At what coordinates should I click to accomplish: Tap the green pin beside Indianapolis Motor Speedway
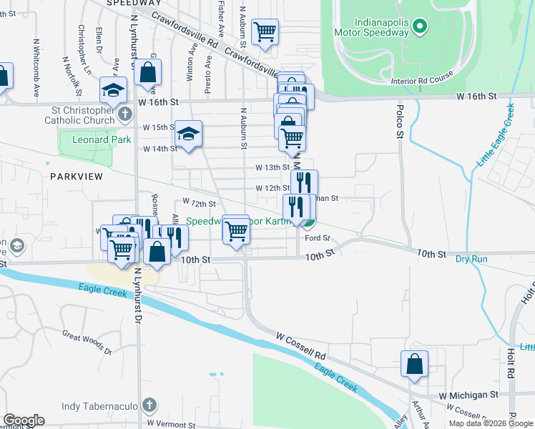pos(421,27)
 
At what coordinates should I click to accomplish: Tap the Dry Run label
pos(471,258)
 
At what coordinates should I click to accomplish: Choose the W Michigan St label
pos(468,395)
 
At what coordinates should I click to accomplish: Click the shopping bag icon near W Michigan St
pos(415,364)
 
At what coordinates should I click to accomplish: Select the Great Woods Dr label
pos(87,342)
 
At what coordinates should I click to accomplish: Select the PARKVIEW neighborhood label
pos(77,176)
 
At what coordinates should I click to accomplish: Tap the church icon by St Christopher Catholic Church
pos(124,114)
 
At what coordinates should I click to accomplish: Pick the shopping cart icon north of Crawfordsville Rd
pos(265,31)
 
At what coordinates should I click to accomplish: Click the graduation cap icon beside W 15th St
pos(188,133)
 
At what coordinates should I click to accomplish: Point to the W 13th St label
pos(272,167)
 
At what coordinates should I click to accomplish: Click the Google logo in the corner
pos(23,420)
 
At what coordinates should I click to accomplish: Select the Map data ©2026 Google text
pos(490,423)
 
